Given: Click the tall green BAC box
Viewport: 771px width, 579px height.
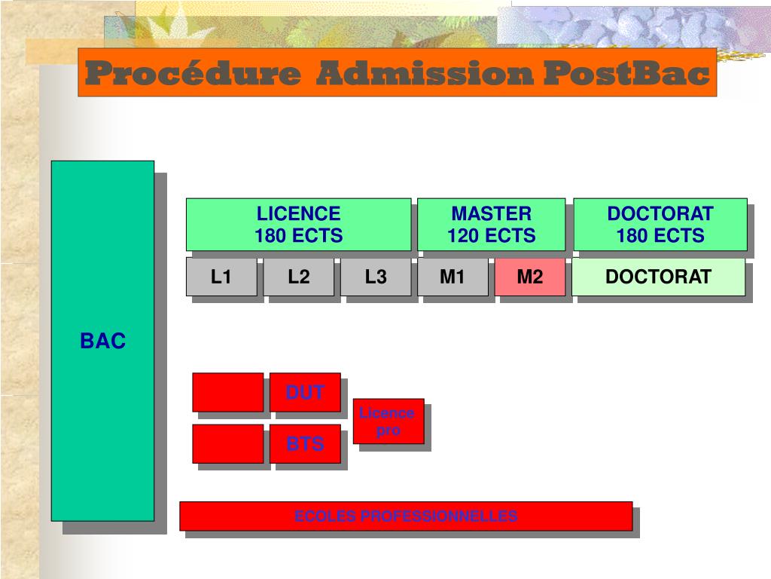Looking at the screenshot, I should coord(102,341).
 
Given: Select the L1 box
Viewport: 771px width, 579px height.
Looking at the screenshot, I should coord(221,277).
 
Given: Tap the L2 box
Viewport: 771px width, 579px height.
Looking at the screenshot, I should coord(299,277).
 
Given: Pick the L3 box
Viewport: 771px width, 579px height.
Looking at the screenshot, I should coord(376,277).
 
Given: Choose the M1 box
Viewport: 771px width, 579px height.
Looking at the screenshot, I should coord(453,277).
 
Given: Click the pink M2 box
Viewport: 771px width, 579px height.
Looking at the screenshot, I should coord(530,277).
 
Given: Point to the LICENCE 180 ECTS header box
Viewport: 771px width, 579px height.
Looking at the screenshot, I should coord(298,225).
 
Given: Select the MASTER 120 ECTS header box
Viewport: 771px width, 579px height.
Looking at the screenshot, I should coord(491,225).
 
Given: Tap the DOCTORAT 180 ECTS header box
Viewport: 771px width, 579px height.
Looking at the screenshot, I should coord(660,225).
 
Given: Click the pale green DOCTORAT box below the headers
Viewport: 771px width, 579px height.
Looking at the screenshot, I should coord(658,277).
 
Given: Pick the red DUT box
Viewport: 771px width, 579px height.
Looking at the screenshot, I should coord(305,392).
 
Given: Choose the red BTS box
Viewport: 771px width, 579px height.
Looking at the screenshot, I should coord(305,444).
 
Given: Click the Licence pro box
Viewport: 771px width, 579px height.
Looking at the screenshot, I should coord(388,421).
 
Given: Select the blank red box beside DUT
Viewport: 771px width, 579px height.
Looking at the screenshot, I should coord(227,392).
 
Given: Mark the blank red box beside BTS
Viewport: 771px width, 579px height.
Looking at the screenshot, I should coord(227,444).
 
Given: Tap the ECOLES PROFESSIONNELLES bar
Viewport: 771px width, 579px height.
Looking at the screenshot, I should coord(406,516).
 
